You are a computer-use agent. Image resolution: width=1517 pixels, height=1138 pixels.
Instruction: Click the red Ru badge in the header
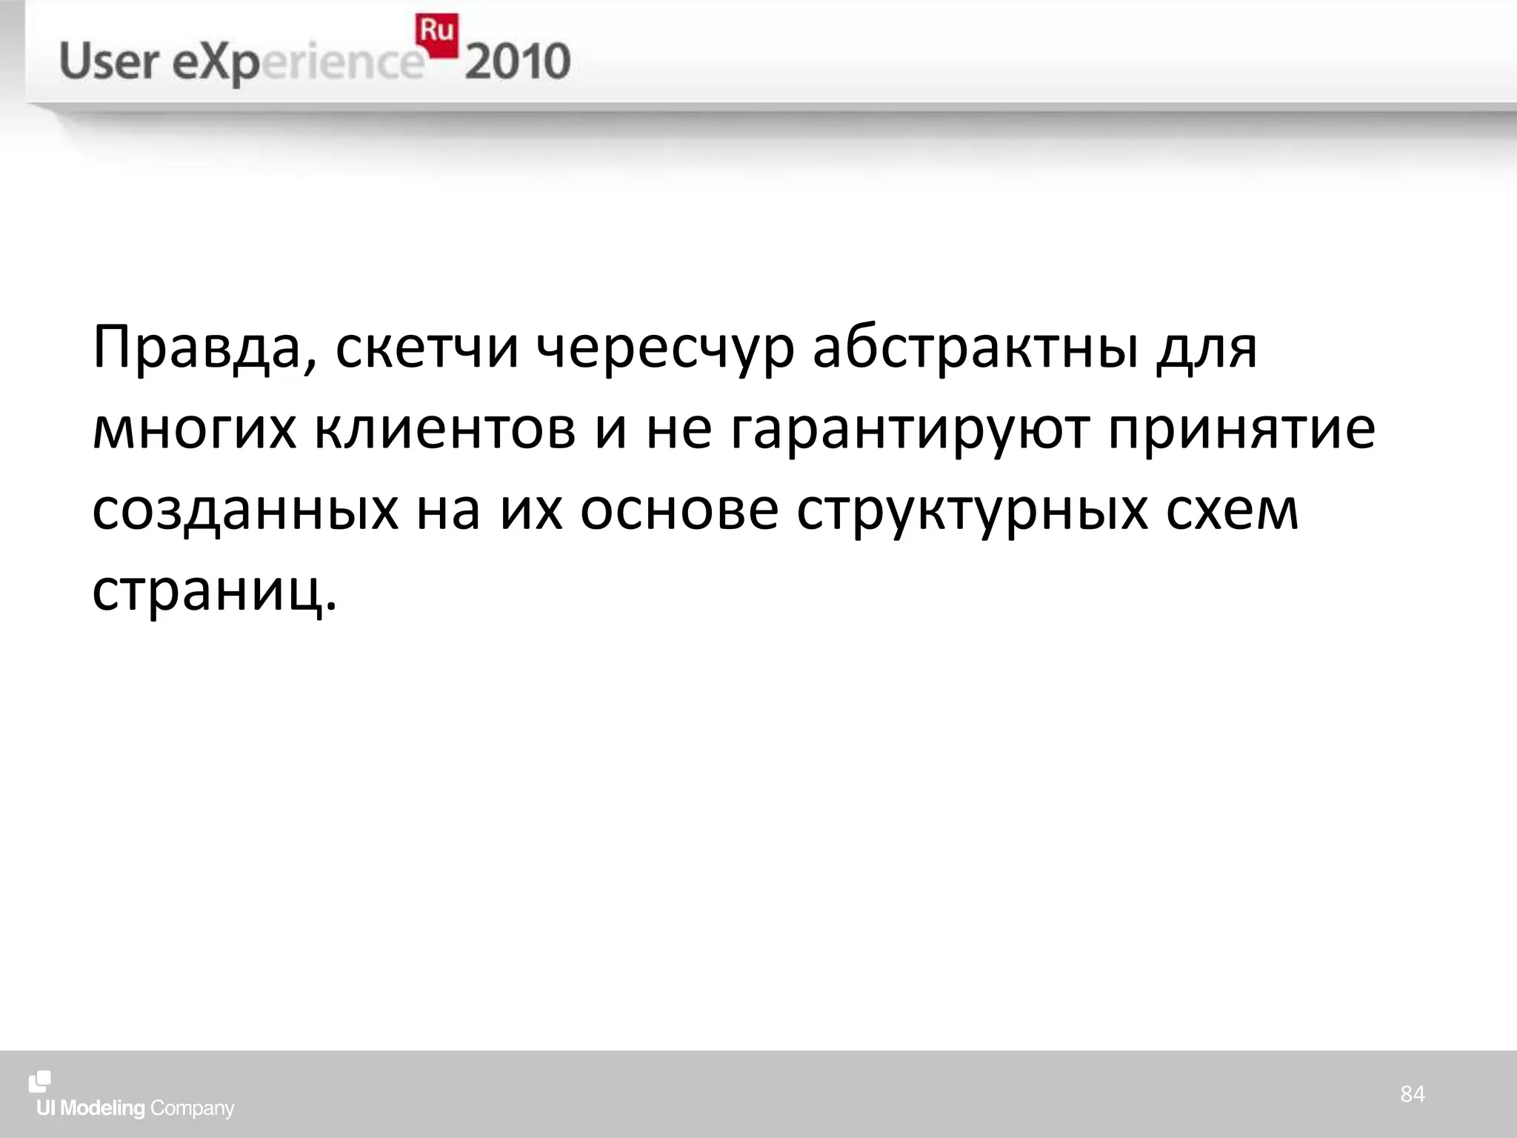(436, 34)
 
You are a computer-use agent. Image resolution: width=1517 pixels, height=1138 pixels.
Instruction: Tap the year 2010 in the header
(518, 62)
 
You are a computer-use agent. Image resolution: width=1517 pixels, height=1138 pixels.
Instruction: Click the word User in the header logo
(109, 61)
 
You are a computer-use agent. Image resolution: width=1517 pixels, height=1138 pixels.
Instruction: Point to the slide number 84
(1413, 1094)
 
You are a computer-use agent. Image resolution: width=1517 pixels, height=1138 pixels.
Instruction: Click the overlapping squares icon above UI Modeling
(40, 1082)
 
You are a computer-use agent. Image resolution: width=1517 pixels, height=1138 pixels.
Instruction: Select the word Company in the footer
(192, 1108)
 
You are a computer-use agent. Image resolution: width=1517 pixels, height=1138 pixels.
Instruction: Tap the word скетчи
(427, 348)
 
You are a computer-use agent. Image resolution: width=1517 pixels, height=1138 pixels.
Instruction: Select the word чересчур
(665, 348)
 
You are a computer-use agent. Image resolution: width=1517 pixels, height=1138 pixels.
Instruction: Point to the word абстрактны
(976, 348)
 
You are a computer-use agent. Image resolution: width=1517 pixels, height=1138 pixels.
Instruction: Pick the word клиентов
(445, 430)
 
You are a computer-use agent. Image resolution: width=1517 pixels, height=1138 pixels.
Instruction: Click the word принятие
(1242, 430)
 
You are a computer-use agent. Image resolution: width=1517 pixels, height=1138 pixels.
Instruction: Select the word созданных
(245, 511)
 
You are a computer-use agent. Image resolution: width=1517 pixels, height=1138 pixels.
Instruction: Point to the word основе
(679, 511)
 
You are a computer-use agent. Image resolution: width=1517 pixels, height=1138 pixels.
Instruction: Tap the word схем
(1233, 511)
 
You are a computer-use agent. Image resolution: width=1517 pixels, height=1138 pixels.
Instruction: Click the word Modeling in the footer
(102, 1108)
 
